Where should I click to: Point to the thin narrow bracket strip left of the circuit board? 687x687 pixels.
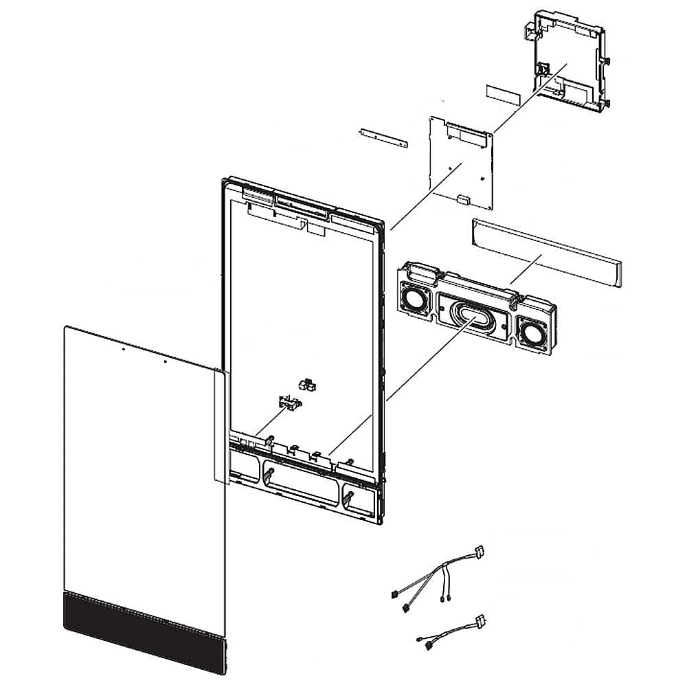(382, 137)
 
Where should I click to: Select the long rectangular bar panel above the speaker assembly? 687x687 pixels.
(545, 251)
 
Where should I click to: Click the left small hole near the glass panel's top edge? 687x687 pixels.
(122, 349)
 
